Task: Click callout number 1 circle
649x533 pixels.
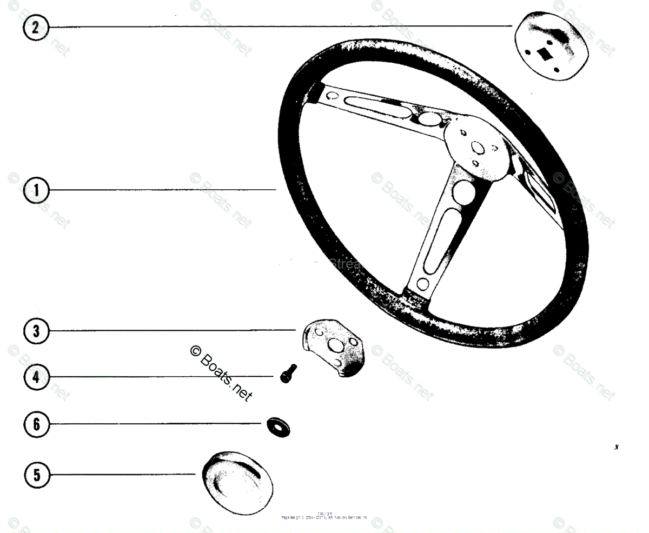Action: pyautogui.click(x=36, y=190)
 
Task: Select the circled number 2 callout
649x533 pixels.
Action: pyautogui.click(x=35, y=27)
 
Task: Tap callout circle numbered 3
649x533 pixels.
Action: pyautogui.click(x=36, y=331)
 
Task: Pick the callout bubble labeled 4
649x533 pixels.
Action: pyautogui.click(x=36, y=377)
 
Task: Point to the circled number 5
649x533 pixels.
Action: pyautogui.click(x=36, y=475)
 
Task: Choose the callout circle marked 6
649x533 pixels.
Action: pyautogui.click(x=36, y=424)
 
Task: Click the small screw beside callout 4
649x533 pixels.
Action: pyautogui.click(x=287, y=373)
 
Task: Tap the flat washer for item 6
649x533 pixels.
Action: pyautogui.click(x=279, y=425)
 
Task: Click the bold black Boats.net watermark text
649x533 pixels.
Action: pyautogui.click(x=222, y=373)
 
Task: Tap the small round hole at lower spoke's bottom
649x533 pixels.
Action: pyautogui.click(x=422, y=284)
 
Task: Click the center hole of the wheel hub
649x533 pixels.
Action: pyautogui.click(x=477, y=148)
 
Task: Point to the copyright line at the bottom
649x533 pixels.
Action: pyautogui.click(x=325, y=516)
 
